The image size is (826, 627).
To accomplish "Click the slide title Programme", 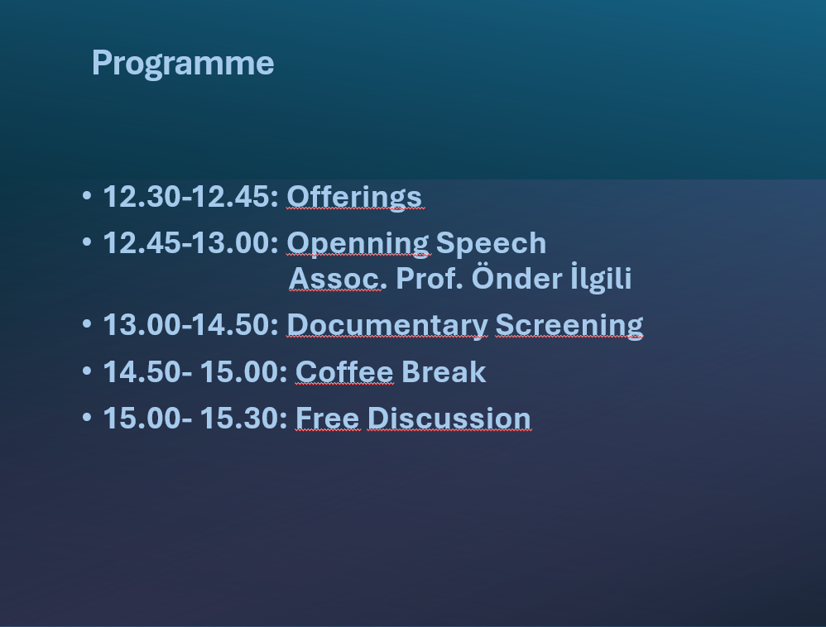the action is pyautogui.click(x=183, y=64).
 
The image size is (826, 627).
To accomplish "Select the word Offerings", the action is pyautogui.click(x=354, y=198).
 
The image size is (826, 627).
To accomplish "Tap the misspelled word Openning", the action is pyautogui.click(x=358, y=244).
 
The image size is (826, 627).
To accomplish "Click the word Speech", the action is pyautogui.click(x=491, y=242).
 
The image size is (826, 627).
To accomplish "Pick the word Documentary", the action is pyautogui.click(x=387, y=325).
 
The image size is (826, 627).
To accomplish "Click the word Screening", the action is pyautogui.click(x=569, y=325).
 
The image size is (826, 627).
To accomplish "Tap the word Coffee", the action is pyautogui.click(x=344, y=372).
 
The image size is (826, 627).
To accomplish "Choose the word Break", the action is pyautogui.click(x=444, y=372).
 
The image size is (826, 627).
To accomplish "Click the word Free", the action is pyautogui.click(x=328, y=419).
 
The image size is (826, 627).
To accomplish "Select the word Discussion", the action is pyautogui.click(x=449, y=419).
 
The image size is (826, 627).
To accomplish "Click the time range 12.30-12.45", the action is pyautogui.click(x=190, y=197).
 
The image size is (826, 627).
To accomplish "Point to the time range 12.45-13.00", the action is pyautogui.click(x=190, y=243).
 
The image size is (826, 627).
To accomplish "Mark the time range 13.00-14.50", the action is pyautogui.click(x=190, y=325).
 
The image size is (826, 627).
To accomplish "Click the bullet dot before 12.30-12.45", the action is pyautogui.click(x=87, y=196).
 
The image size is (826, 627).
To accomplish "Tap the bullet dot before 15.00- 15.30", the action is pyautogui.click(x=87, y=418).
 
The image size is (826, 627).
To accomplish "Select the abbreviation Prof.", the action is pyautogui.click(x=430, y=279).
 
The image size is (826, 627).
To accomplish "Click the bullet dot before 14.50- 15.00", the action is pyautogui.click(x=87, y=371).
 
